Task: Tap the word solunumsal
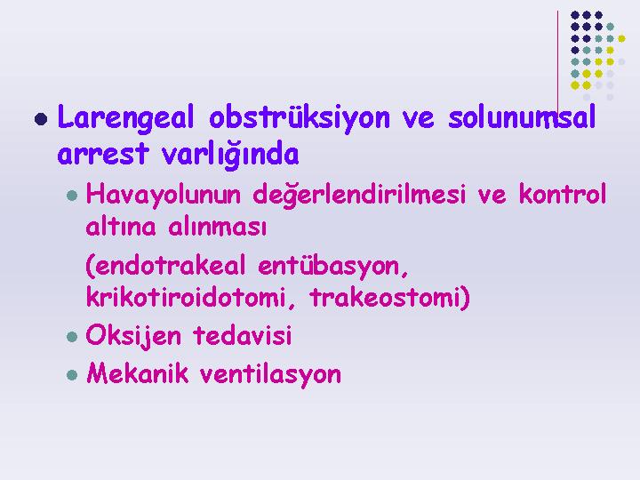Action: (522, 117)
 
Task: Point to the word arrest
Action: (102, 155)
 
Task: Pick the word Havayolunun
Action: (164, 195)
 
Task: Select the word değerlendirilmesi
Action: (359, 195)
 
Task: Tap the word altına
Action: (121, 226)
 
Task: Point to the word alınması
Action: (218, 227)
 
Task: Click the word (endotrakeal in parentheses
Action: (165, 265)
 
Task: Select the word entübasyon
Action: (333, 267)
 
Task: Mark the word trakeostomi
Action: (390, 297)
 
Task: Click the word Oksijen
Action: (133, 336)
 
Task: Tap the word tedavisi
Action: (243, 335)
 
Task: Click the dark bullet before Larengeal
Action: (41, 119)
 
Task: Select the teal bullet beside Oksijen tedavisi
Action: (72, 337)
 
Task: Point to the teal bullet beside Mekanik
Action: (72, 375)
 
